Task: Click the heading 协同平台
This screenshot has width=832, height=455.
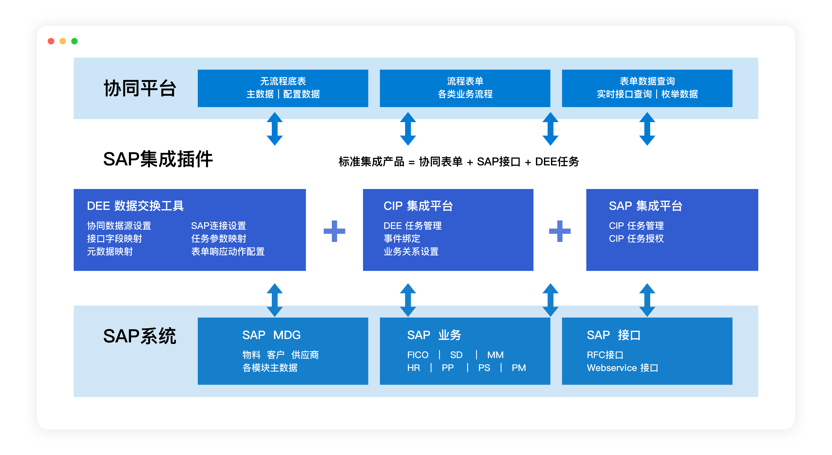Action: [x=140, y=88]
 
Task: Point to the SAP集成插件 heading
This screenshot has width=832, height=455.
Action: [x=158, y=159]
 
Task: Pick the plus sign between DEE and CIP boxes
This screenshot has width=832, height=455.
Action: [x=334, y=231]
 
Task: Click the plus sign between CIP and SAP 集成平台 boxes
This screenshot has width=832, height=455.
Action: [x=560, y=231]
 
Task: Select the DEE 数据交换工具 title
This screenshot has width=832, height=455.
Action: [x=135, y=206]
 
